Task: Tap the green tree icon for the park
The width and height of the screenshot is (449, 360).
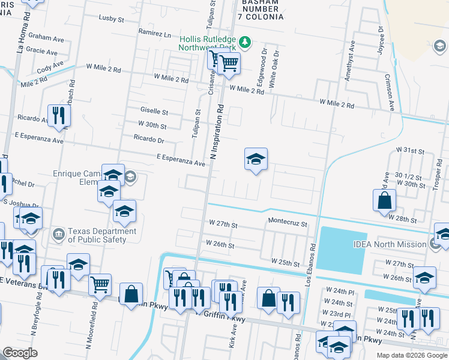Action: tap(244, 42)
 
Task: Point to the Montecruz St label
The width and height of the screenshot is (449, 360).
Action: tap(288, 223)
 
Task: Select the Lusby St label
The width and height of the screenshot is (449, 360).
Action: tap(111, 19)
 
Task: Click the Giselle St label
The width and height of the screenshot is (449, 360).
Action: tap(154, 112)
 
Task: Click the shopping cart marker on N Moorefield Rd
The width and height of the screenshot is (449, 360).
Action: tap(100, 284)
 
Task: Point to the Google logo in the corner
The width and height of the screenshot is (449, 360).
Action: tap(20, 353)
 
